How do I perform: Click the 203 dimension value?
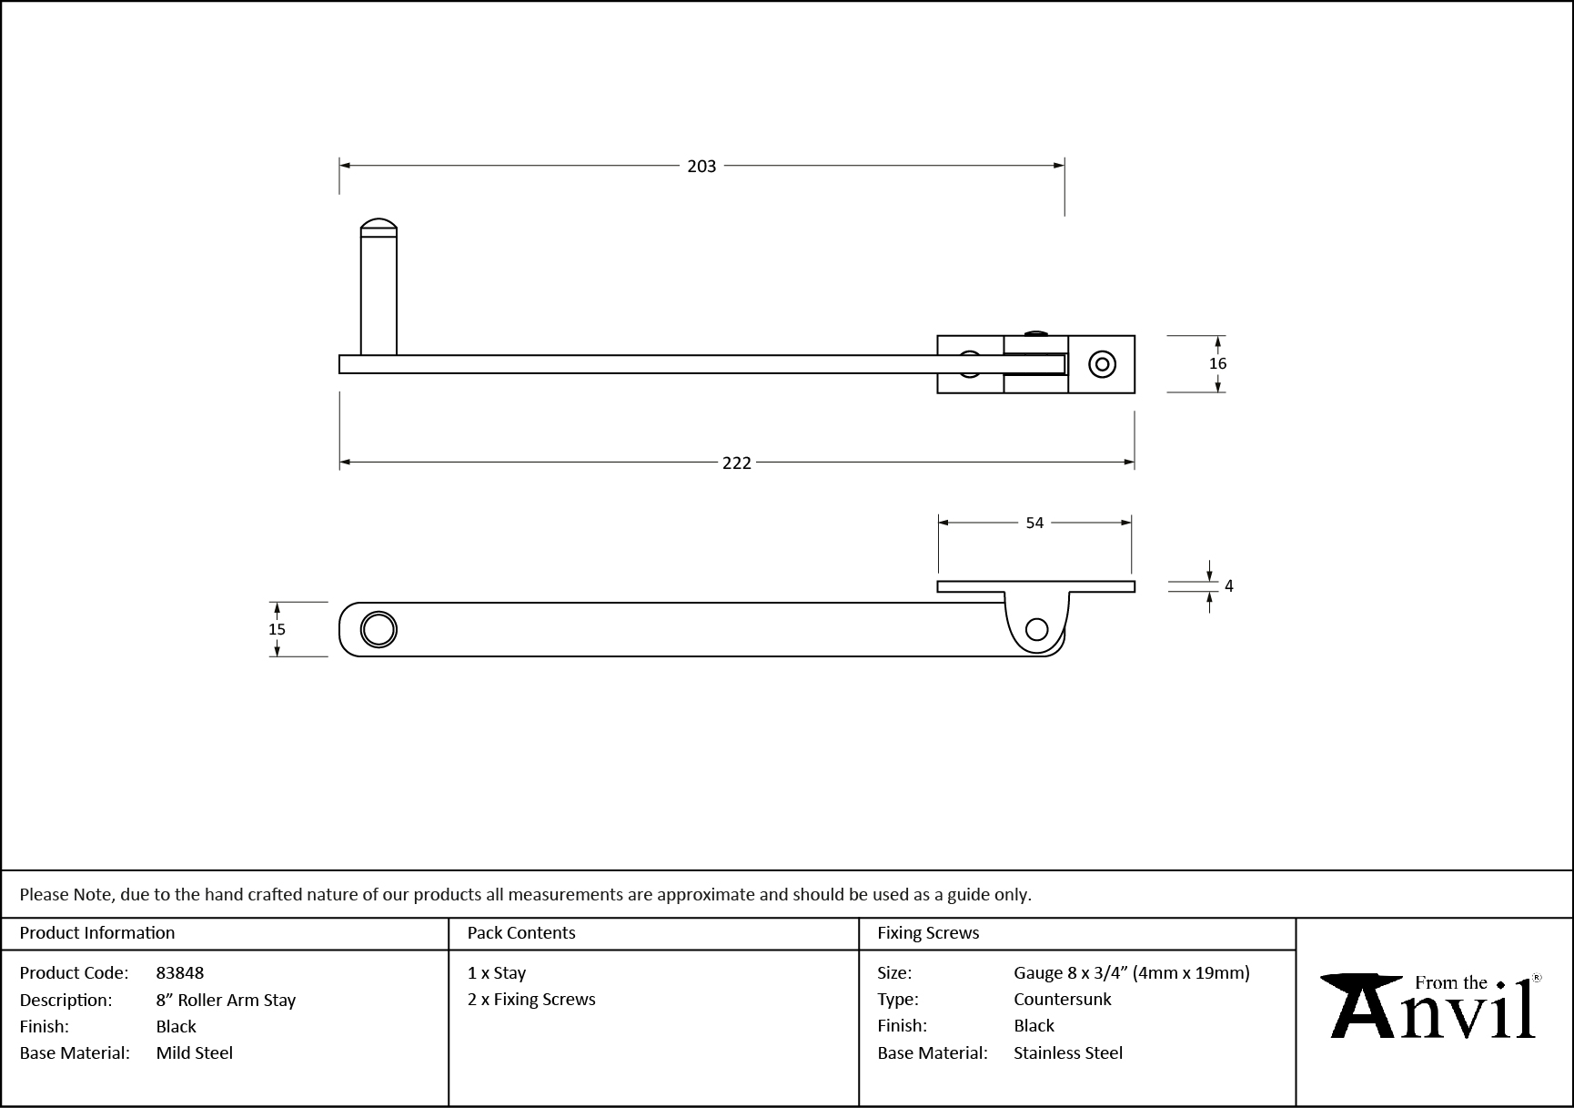point(701,166)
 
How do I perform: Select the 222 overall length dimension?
point(736,463)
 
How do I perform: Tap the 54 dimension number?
point(1034,523)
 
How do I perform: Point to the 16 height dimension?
point(1217,363)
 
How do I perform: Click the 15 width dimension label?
point(277,629)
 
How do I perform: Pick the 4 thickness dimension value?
point(1228,586)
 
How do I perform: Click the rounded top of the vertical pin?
point(378,225)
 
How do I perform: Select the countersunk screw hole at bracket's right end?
point(1103,365)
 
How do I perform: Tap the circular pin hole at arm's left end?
point(378,629)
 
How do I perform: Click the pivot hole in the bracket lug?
point(1036,628)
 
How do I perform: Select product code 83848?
point(180,972)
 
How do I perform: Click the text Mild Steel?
point(194,1052)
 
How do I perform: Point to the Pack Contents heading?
point(521,933)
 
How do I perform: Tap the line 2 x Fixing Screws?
point(531,999)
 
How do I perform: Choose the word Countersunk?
point(1062,999)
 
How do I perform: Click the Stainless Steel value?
point(1067,1052)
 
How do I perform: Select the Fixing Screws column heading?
point(928,933)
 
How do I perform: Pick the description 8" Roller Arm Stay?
point(226,1000)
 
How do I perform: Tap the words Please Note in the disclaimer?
point(66,894)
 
